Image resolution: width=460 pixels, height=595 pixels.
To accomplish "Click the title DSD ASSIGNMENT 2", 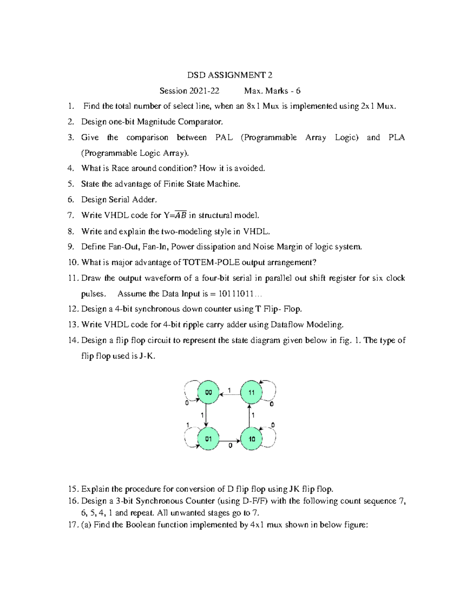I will pyautogui.click(x=230, y=75).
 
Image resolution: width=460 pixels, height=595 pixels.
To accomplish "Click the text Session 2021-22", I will pyautogui.click(x=189, y=91).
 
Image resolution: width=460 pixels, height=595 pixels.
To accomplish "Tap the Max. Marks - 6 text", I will pyautogui.click(x=272, y=91).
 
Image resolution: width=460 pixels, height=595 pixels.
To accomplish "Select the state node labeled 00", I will pyautogui.click(x=208, y=392).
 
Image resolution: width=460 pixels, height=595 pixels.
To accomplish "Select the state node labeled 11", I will pyautogui.click(x=251, y=392).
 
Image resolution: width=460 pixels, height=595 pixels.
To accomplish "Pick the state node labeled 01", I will pyautogui.click(x=208, y=439).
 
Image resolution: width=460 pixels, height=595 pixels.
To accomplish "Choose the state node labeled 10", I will pyautogui.click(x=251, y=439).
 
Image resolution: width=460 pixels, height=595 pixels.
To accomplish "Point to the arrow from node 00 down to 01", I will pyautogui.click(x=207, y=415).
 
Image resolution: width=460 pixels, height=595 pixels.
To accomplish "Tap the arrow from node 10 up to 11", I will pyautogui.click(x=250, y=415).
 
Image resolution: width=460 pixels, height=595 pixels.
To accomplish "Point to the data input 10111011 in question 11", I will pyautogui.click(x=236, y=294).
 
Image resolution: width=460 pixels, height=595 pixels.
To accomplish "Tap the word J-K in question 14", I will pyautogui.click(x=147, y=356).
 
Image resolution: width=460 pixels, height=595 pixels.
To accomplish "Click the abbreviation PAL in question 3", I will pyautogui.click(x=224, y=138).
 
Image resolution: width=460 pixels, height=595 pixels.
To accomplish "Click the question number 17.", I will pyautogui.click(x=73, y=525).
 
